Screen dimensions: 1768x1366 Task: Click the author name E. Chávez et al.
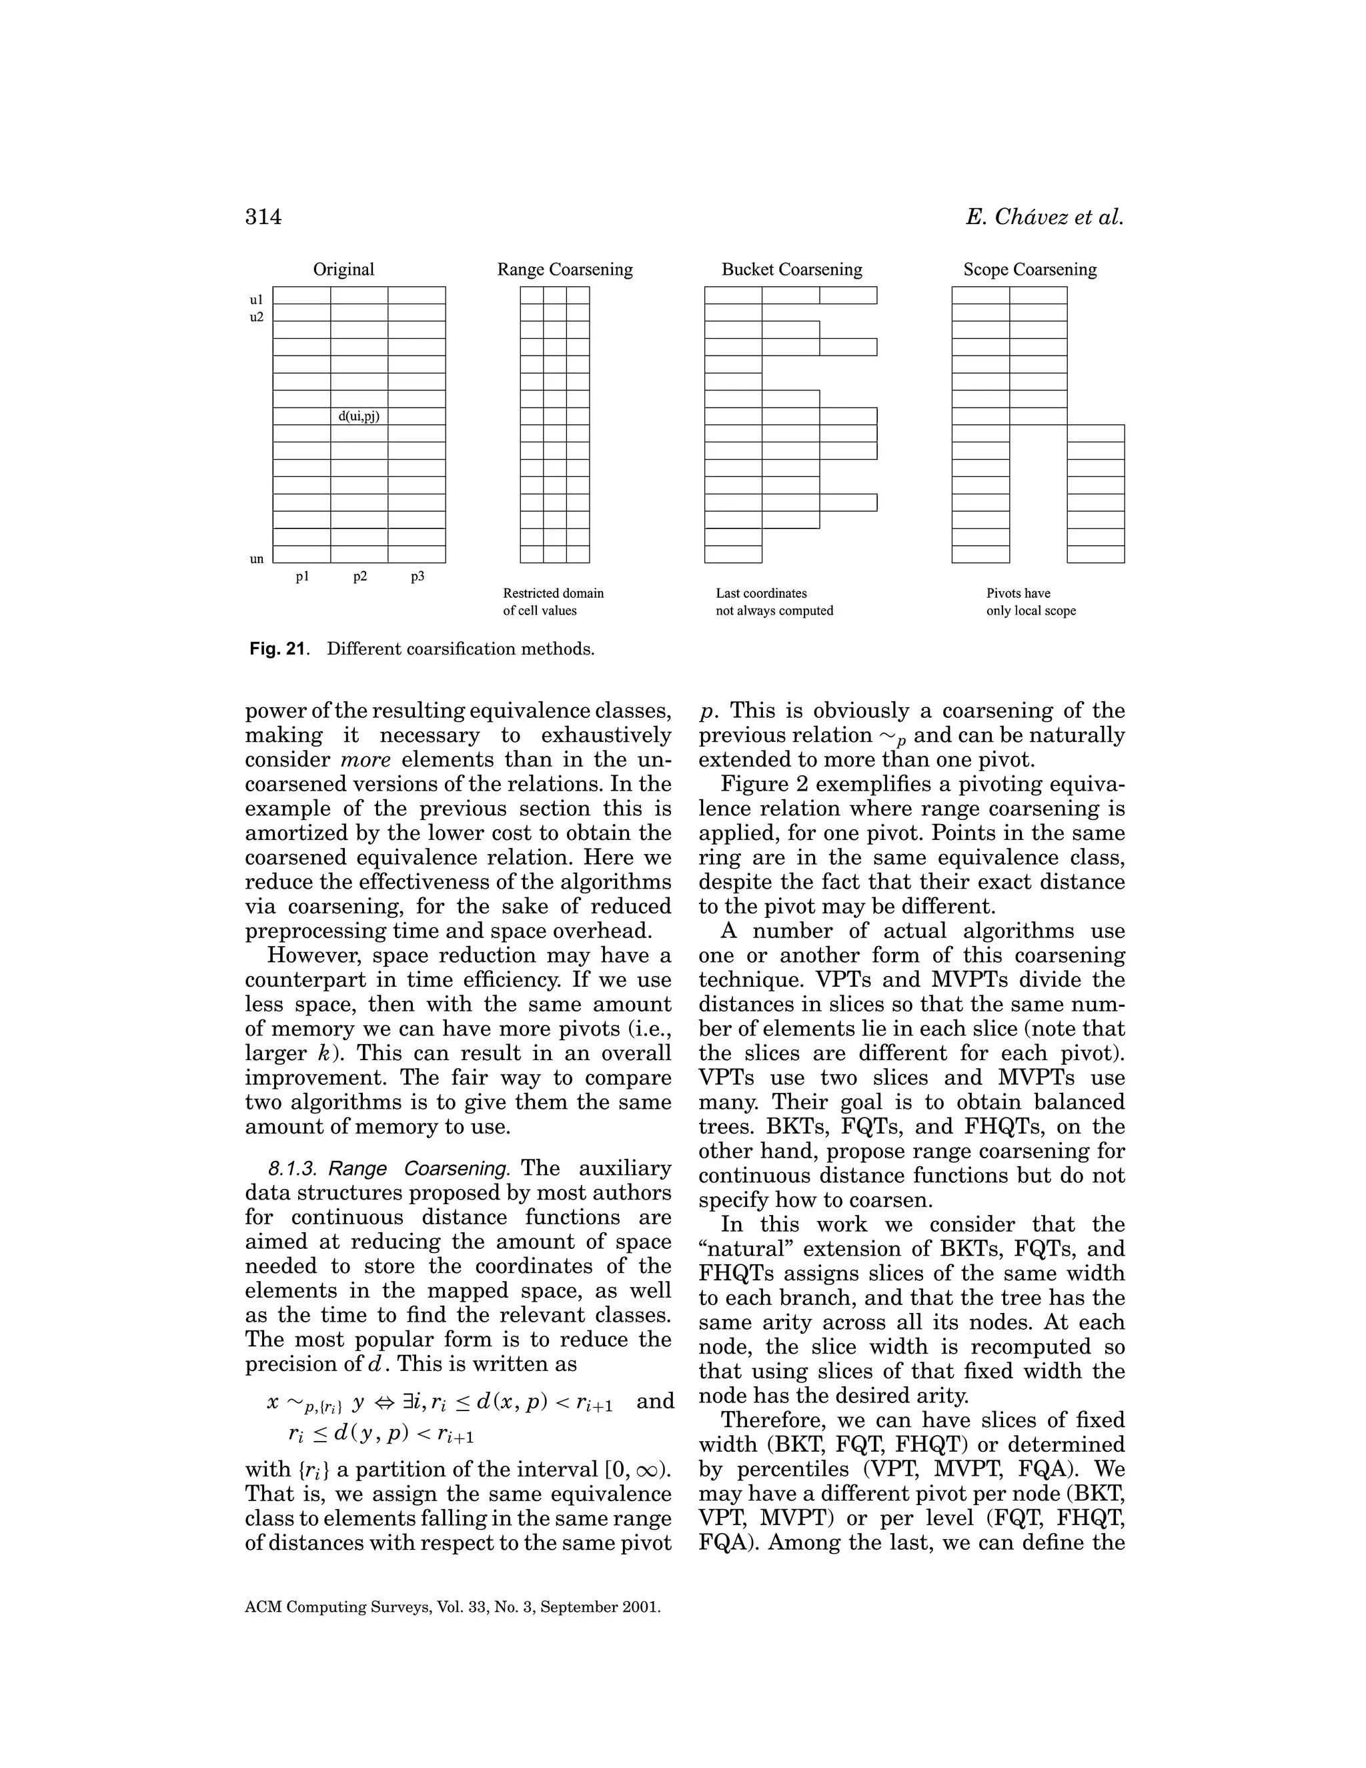(x=1044, y=217)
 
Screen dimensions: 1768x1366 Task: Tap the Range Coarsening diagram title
(x=565, y=270)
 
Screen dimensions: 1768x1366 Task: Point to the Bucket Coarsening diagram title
(x=792, y=270)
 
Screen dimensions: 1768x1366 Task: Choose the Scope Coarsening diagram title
(x=1029, y=270)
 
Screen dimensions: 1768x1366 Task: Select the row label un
(x=257, y=558)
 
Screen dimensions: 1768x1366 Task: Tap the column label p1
(x=302, y=576)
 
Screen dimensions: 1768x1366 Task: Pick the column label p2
(x=360, y=576)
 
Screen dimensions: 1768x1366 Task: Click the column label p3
(x=418, y=576)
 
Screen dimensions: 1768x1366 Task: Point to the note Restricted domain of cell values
(x=553, y=602)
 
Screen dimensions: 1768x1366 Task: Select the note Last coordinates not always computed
(x=774, y=602)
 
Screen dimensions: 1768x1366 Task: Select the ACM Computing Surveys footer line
(x=452, y=1608)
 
